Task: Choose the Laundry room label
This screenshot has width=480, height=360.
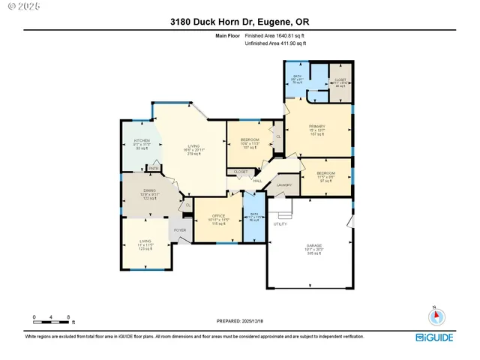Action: pos(283,184)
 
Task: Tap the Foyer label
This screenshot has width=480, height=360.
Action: pos(180,230)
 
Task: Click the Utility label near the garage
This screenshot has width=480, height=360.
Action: pos(280,223)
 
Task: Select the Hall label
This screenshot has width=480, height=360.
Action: pos(257,180)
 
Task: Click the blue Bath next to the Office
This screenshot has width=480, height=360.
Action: pos(254,217)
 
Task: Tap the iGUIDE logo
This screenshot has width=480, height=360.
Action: pos(435,337)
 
